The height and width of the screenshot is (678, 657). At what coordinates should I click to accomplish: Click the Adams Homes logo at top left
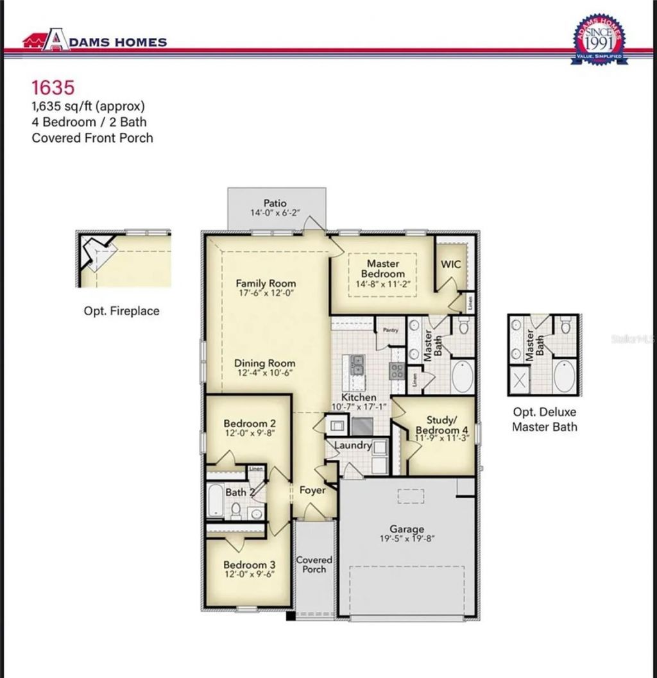coord(94,42)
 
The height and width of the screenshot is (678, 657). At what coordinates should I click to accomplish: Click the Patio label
coord(275,203)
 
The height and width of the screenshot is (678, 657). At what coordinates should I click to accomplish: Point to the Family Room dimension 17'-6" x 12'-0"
coord(266,293)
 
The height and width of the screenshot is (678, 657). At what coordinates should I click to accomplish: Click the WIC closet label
coord(450,264)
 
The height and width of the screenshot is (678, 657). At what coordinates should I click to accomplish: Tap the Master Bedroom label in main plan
coord(383,268)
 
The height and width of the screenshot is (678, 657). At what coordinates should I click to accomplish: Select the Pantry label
coord(391,330)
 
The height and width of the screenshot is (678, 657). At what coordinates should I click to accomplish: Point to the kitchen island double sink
coord(356,365)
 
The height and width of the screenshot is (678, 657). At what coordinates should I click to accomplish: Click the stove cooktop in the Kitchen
coord(397,370)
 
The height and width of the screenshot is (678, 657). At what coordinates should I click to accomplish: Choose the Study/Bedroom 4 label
coord(442,425)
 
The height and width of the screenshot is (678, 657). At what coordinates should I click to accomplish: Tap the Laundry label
coord(353,445)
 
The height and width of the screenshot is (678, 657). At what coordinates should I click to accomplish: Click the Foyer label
coord(312,490)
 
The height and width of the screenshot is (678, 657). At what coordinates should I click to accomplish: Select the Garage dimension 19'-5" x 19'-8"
coord(407,539)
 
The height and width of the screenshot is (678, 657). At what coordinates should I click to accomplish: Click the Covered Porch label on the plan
coord(314,564)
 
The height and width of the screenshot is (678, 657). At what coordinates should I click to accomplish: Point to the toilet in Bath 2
coord(235,511)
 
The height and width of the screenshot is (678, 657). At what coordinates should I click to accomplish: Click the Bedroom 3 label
coord(250,564)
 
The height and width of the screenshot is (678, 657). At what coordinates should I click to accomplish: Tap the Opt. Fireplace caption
coord(121,310)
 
